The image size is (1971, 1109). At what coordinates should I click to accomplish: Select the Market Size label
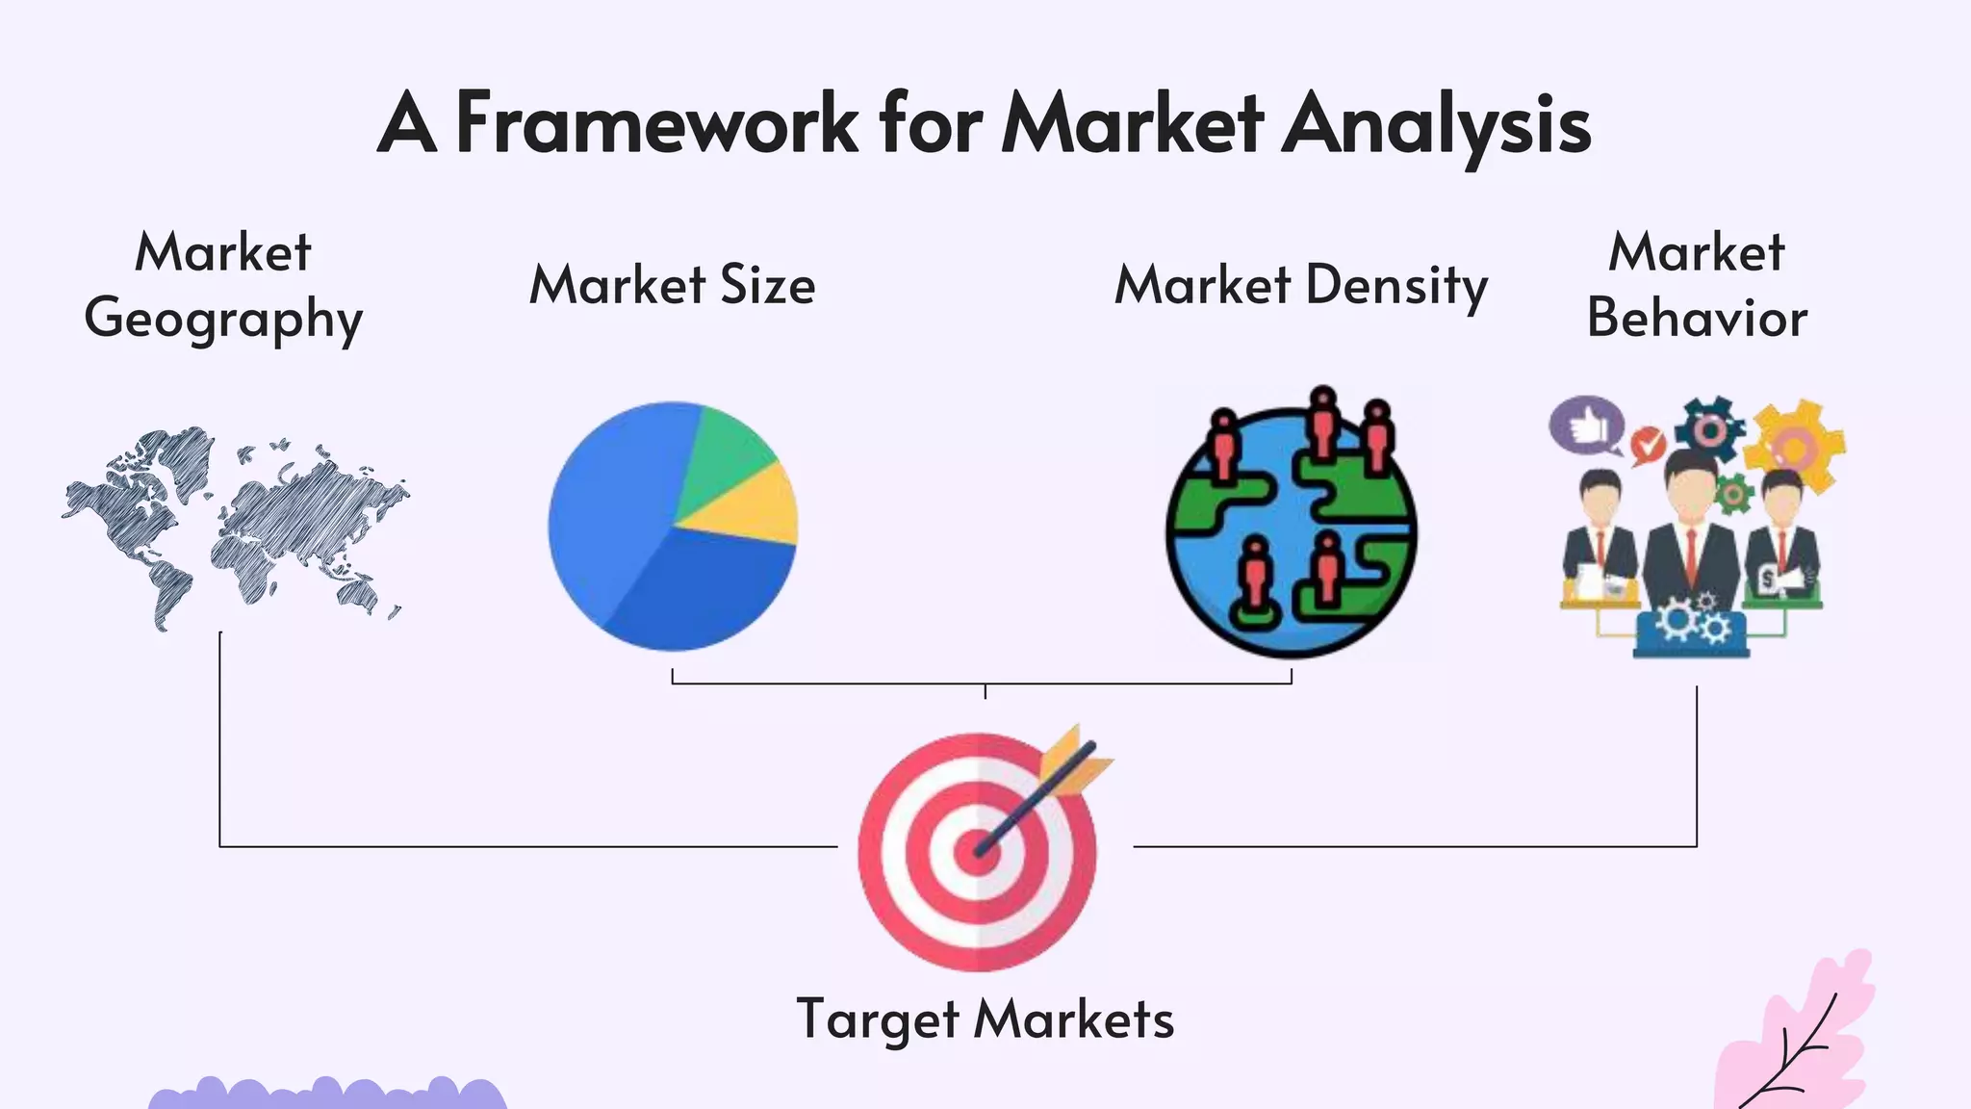[672, 285]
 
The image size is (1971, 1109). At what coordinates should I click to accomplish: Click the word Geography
[223, 320]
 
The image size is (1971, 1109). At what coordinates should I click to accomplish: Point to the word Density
[1396, 286]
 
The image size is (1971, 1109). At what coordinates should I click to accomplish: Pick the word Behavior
[1697, 318]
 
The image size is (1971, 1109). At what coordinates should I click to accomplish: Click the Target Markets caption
[985, 1019]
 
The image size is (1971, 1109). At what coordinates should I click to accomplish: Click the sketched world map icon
[236, 525]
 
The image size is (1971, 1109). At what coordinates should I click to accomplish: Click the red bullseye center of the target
[976, 853]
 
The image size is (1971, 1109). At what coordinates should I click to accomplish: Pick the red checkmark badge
[1648, 445]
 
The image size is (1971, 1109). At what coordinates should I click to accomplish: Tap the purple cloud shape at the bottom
[327, 1095]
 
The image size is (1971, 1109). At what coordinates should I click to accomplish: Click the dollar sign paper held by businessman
[1767, 580]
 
